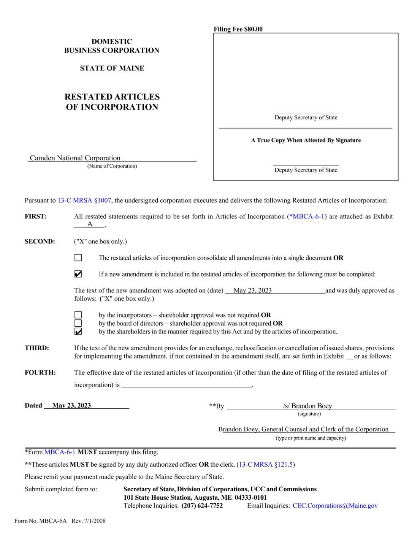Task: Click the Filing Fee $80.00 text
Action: click(238, 29)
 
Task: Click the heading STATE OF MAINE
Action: click(112, 68)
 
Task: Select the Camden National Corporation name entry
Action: click(75, 158)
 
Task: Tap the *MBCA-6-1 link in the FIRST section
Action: click(307, 216)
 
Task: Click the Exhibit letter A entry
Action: click(90, 224)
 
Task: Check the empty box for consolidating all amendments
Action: click(78, 258)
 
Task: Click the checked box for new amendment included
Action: click(78, 274)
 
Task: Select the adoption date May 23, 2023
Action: click(252, 290)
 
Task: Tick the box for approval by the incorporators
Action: click(78, 315)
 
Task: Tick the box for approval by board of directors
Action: click(78, 323)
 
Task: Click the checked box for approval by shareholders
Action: click(78, 331)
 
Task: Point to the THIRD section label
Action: click(36, 348)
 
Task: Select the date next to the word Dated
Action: click(72, 405)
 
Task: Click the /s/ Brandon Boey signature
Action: click(307, 406)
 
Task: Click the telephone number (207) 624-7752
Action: click(202, 506)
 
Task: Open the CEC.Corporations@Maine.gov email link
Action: click(335, 506)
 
